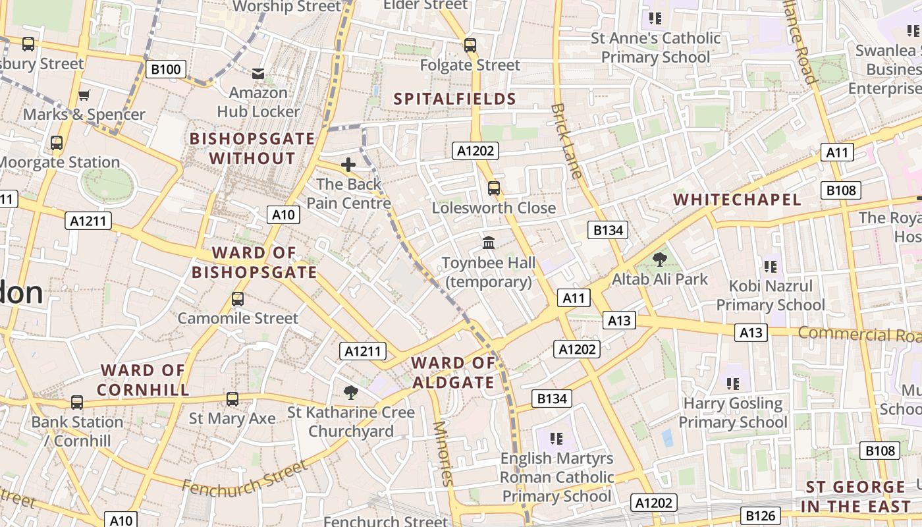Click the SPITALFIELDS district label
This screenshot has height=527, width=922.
[x=454, y=99]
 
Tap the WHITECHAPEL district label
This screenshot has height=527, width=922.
[x=737, y=200]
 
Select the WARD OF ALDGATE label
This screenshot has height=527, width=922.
[x=453, y=373]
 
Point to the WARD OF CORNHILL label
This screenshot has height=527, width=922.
[x=143, y=380]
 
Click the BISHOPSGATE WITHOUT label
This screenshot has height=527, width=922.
[x=252, y=148]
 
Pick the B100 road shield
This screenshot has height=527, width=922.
[x=166, y=69]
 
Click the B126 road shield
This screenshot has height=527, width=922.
[x=761, y=515]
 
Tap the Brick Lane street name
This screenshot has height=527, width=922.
[x=566, y=140]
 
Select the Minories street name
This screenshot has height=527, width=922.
[x=442, y=453]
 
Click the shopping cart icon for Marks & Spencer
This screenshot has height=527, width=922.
[x=84, y=96]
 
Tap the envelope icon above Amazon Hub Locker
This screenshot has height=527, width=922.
[x=258, y=74]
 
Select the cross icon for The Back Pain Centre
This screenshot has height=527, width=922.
[x=348, y=164]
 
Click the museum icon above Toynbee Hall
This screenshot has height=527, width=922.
[x=489, y=243]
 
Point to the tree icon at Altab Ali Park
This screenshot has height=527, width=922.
[x=659, y=260]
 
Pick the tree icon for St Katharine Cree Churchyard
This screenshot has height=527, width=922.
[x=351, y=393]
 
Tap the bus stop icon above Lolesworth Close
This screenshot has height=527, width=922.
[x=494, y=188]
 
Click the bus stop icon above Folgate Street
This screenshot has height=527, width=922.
[x=470, y=45]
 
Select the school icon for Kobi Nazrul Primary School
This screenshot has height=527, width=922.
[x=770, y=267]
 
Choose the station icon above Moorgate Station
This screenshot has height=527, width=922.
[x=57, y=142]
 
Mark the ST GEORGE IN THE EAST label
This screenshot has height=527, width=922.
[x=855, y=497]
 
